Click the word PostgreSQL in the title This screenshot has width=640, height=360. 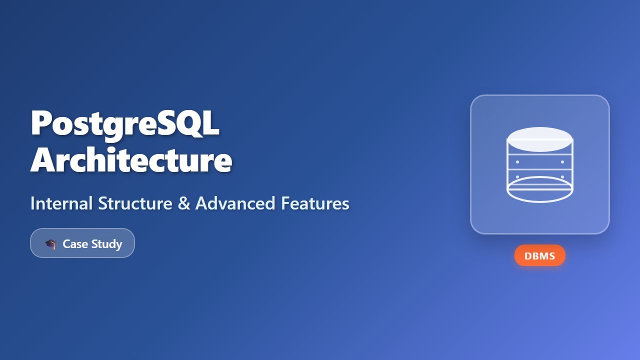(x=125, y=123)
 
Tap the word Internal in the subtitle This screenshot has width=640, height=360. (x=61, y=203)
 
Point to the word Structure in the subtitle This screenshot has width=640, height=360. (x=133, y=203)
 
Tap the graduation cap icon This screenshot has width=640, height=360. (x=50, y=244)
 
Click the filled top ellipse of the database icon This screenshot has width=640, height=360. (x=540, y=139)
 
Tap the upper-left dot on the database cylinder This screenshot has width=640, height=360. (x=517, y=162)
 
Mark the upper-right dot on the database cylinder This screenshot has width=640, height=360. (x=562, y=162)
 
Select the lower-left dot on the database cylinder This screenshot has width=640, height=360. (x=517, y=177)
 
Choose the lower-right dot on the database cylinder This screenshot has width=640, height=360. (x=562, y=177)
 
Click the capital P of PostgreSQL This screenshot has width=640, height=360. (x=41, y=123)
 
